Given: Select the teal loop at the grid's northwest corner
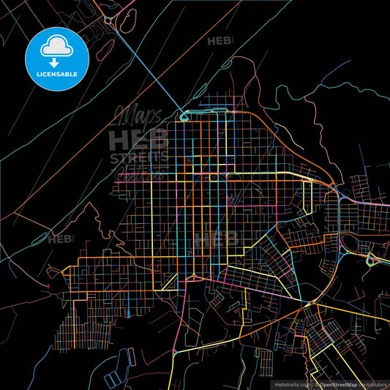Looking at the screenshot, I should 184,113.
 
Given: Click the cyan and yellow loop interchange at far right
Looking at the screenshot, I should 373,260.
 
